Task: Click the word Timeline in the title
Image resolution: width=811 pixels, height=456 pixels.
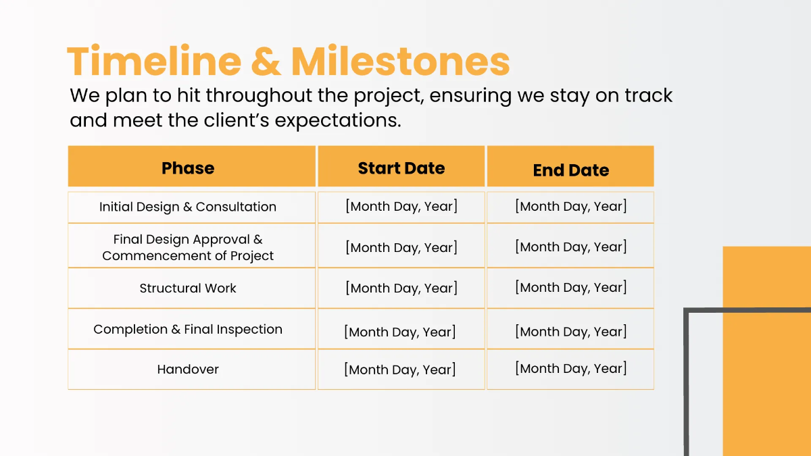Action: point(153,61)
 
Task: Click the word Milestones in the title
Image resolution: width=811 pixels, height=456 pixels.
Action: point(400,61)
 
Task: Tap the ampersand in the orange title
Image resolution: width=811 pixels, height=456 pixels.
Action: point(266,62)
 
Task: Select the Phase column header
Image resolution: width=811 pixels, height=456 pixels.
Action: point(188,168)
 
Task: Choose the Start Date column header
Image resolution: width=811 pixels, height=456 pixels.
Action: point(401,168)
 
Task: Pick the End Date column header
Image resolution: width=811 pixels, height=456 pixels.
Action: point(570,170)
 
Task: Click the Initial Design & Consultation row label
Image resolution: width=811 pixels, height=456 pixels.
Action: point(188,207)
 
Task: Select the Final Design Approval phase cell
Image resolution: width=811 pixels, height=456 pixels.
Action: point(188,247)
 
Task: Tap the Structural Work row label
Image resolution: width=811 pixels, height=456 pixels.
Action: point(188,288)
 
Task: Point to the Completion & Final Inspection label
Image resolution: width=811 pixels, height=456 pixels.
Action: point(188,329)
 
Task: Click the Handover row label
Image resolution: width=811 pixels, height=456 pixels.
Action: point(188,369)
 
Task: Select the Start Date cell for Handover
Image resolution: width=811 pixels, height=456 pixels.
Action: point(400,370)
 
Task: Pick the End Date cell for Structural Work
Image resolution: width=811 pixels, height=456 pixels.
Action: point(570,287)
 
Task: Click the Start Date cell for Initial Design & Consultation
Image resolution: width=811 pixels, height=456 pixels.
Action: point(401,207)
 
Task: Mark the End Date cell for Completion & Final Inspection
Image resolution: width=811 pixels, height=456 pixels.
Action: point(570,332)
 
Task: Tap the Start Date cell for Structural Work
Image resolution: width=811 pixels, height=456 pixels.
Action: point(401,288)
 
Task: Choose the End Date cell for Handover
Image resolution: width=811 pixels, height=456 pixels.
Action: point(570,368)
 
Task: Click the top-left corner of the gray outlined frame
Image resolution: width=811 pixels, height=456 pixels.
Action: point(687,311)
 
